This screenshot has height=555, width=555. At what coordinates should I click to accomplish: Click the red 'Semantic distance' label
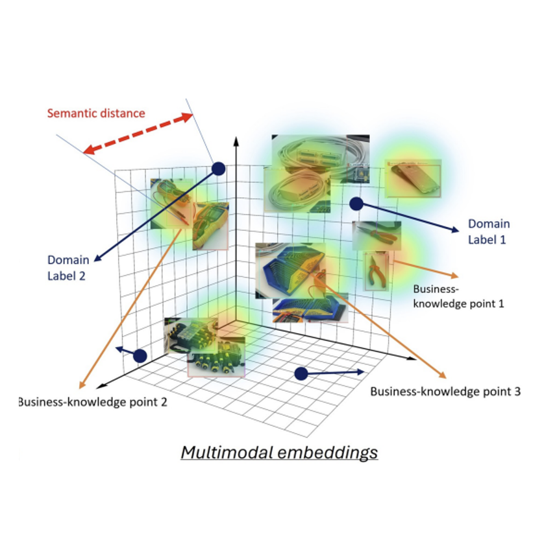(96, 113)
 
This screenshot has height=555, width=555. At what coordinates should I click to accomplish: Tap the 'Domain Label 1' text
(489, 231)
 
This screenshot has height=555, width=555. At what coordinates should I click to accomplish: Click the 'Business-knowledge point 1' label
(458, 296)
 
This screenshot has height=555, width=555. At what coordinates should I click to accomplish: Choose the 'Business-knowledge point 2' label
(93, 402)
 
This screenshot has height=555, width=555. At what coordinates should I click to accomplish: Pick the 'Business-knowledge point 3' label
(445, 392)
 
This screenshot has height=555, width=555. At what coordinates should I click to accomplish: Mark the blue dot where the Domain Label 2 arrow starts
(218, 169)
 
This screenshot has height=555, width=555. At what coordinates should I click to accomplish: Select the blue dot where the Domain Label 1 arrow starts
(356, 204)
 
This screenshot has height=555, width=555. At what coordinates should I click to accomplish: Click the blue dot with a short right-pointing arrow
(301, 373)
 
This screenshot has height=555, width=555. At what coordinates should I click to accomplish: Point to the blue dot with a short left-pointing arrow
(140, 355)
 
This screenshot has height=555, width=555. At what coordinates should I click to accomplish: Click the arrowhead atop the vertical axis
(237, 141)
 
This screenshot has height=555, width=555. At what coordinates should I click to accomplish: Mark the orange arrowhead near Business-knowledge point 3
(443, 375)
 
